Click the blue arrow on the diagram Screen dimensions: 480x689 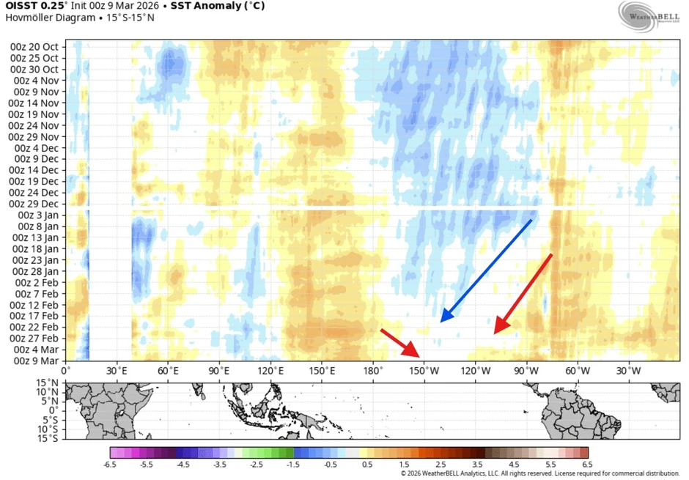tap(486, 270)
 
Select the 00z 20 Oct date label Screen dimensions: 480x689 tap(34, 47)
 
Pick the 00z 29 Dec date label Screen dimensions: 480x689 tap(34, 204)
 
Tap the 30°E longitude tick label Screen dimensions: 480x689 tap(117, 371)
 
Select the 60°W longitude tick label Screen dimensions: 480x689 tap(578, 371)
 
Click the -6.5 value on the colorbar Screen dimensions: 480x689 tap(111, 465)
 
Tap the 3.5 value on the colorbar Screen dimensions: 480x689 tap(477, 465)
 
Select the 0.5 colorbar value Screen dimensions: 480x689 tap(367, 465)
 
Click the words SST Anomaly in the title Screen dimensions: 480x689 tap(198, 7)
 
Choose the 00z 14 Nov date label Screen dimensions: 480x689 tap(34, 103)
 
